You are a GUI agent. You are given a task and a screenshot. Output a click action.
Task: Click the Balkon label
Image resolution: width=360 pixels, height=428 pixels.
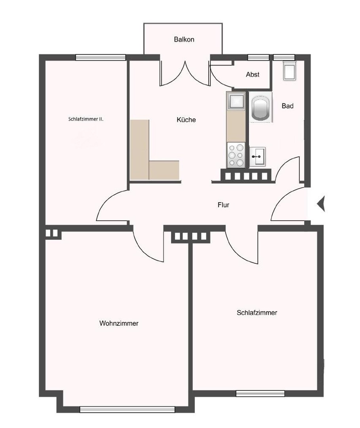pos(184,40)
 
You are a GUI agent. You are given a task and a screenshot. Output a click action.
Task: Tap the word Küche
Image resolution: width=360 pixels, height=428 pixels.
pos(186,120)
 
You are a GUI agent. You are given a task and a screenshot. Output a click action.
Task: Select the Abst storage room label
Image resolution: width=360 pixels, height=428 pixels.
pos(253,75)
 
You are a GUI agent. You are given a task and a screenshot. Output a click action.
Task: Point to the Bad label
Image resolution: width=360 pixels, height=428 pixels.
pos(288,106)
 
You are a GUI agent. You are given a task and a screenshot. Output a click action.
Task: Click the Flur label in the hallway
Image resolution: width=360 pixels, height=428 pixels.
pos(223,205)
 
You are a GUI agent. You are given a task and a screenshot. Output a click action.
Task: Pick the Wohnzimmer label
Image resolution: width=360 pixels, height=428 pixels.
pos(119,323)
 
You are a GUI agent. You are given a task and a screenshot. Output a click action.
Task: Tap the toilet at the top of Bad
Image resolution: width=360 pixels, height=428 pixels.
pos(290,71)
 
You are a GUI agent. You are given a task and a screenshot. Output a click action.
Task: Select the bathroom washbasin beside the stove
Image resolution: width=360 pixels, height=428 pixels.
pos(258,156)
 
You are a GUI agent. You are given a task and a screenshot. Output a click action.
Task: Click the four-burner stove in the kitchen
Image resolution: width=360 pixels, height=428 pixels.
pos(236,156)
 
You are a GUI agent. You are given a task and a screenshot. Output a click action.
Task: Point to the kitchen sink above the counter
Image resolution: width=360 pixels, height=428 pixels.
pos(236,101)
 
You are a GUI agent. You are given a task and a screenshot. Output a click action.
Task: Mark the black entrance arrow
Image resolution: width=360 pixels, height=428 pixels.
pos(320,204)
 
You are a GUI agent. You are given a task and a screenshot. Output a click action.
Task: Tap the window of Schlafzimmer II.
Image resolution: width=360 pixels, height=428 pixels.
pos(101,57)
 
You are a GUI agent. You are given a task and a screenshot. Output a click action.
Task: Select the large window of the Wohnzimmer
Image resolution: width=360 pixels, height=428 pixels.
pos(127,409)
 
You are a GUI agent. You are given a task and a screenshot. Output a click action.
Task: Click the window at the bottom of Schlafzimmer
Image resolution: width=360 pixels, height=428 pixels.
pos(260,394)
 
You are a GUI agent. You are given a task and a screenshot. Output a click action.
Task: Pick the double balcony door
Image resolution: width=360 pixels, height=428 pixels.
pos(185,73)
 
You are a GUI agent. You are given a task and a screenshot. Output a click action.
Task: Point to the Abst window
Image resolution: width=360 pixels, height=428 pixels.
pos(258,57)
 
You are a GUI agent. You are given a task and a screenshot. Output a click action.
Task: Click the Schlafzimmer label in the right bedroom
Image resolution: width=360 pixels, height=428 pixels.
pos(257,313)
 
